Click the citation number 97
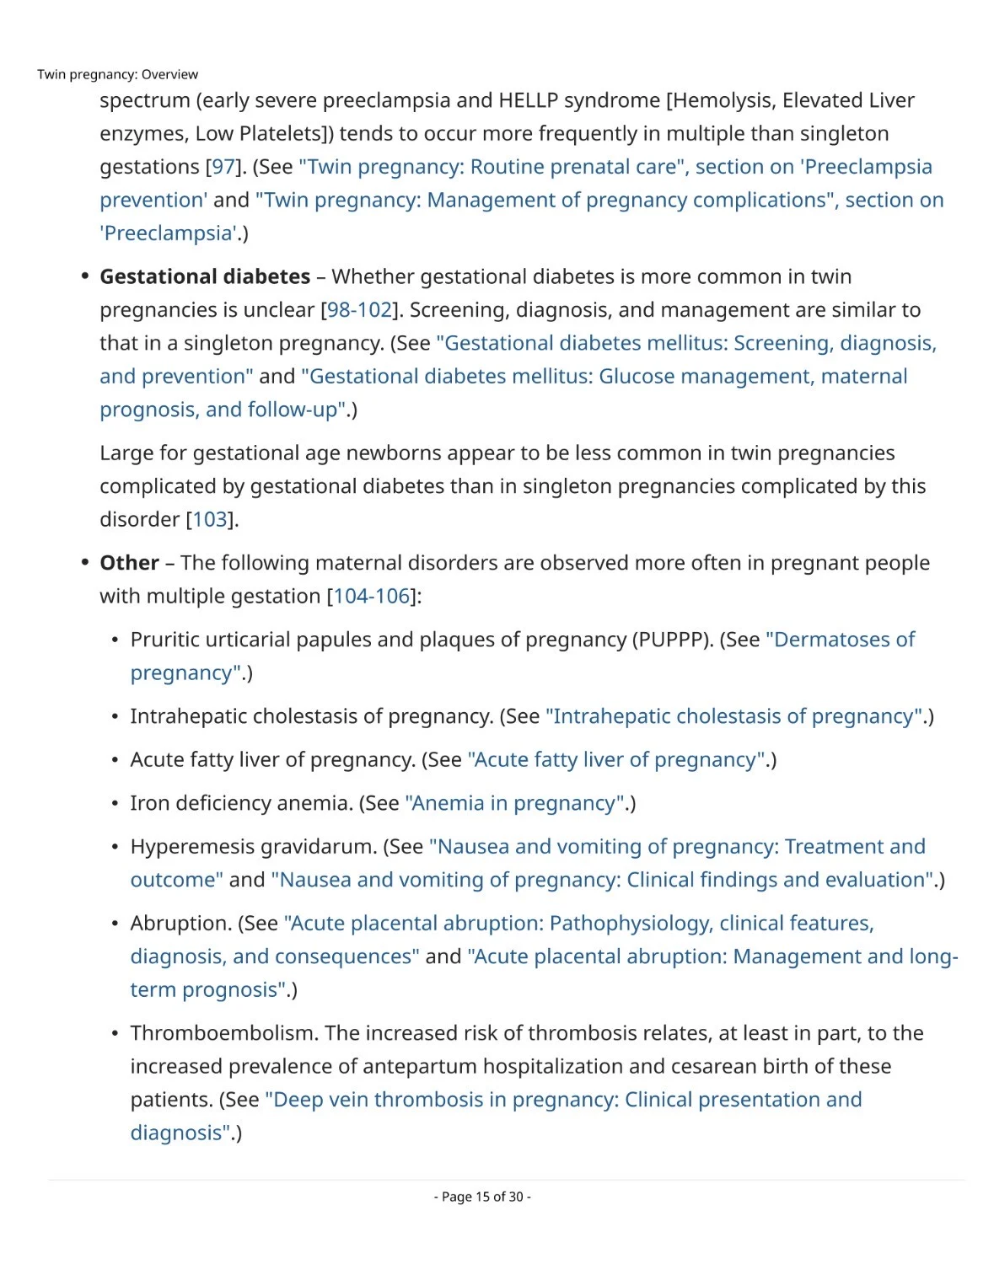coord(223,167)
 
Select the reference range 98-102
coord(359,310)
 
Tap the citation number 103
coord(210,519)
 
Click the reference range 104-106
coord(372,596)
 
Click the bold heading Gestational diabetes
coord(205,276)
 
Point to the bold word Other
coord(129,562)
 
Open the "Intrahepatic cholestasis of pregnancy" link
coord(734,716)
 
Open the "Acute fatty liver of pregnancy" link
coord(616,759)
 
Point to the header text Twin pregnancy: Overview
coord(118,74)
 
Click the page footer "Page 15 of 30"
coord(482,1197)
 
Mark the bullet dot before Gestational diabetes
coord(84,276)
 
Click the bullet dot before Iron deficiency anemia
coord(115,804)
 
